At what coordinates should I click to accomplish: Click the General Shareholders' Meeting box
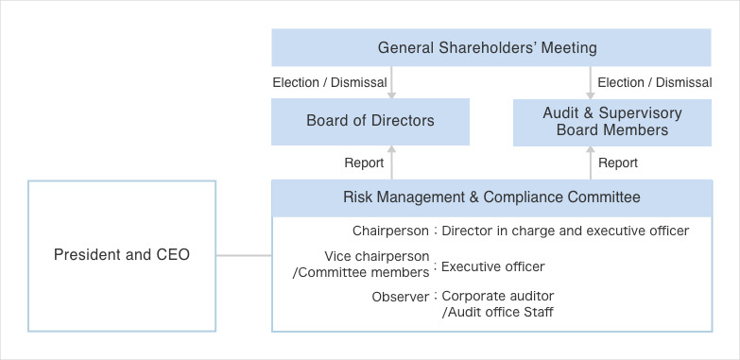[x=487, y=47]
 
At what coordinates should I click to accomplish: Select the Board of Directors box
[x=370, y=121]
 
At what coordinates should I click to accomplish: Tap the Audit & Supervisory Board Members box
[x=611, y=121]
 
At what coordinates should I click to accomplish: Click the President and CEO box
[x=122, y=255]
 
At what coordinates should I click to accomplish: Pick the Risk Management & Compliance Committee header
[x=490, y=197]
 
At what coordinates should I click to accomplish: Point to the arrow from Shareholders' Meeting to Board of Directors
[x=392, y=82]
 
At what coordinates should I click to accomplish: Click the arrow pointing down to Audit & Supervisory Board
[x=591, y=82]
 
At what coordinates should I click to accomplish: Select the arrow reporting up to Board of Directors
[x=392, y=162]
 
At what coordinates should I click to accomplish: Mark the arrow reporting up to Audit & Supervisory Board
[x=591, y=162]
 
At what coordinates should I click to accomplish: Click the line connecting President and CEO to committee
[x=244, y=255]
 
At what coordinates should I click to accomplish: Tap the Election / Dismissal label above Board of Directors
[x=329, y=82]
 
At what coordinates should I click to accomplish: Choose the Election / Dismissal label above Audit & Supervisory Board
[x=654, y=82]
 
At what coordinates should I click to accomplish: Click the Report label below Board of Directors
[x=364, y=163]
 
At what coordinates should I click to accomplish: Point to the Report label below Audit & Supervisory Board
[x=618, y=163]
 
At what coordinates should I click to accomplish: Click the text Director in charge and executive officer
[x=565, y=230]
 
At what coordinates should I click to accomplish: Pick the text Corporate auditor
[x=498, y=297]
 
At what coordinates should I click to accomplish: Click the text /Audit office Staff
[x=498, y=312]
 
